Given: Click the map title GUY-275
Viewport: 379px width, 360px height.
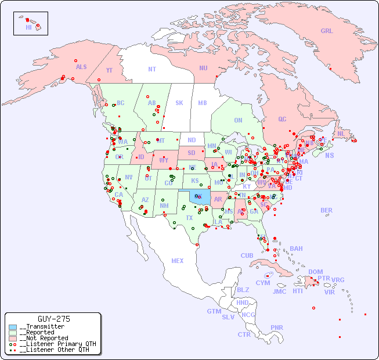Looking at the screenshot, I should pos(53,319).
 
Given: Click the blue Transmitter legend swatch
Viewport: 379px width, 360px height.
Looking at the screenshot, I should pos(13,327).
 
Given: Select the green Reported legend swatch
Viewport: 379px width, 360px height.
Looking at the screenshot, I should pos(13,333).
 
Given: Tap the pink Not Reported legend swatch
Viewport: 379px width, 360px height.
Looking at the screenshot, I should pos(13,338).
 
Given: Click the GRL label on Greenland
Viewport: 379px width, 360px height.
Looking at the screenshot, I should pos(327,31).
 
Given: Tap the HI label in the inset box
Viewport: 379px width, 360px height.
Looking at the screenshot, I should pos(28,27).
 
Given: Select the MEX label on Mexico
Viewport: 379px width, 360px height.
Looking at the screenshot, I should pos(178,261).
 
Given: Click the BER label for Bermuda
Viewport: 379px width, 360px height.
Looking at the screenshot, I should pos(327,210).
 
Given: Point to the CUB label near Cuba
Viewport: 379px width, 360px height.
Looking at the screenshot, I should pos(247,255).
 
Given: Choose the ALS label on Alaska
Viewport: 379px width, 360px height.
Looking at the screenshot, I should pos(81,67).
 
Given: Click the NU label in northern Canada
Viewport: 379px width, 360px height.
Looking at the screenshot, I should pos(203,68).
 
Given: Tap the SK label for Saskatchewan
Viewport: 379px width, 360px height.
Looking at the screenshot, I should pos(179,103).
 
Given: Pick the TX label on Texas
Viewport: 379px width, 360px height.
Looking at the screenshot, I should pos(189,218).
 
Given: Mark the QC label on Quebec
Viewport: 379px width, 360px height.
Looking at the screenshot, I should pos(282,119).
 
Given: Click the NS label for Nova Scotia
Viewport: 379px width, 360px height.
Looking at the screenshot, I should pos(330,155).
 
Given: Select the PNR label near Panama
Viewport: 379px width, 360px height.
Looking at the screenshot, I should pos(277,327).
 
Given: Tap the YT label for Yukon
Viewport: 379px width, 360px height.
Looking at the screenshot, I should pos(109,70).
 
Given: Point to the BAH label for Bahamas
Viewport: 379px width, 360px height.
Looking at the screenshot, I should pos(296,249).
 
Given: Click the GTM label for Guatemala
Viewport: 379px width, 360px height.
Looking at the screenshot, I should pos(214,311).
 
